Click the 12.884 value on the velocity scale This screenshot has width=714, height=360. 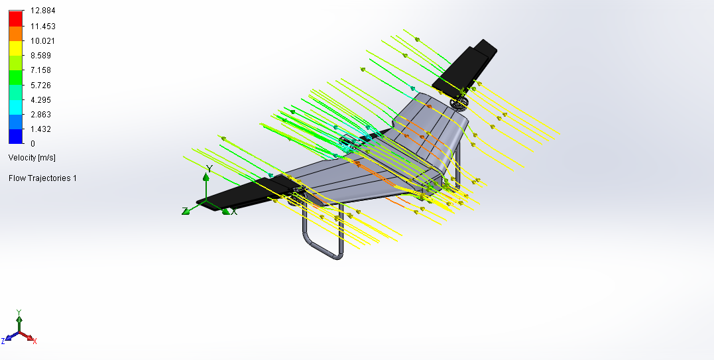coord(43,11)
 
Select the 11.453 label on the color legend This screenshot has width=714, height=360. coord(43,26)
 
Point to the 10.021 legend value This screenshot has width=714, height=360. coord(43,40)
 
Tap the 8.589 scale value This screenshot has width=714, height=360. coord(40,56)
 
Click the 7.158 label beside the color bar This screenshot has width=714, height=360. coord(40,70)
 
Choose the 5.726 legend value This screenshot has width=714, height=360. coord(40,85)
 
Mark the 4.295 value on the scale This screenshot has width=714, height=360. coord(40,99)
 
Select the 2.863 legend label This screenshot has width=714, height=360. coord(40,114)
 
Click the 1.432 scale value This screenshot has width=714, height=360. coord(40,129)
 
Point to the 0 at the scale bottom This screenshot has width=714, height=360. coord(32,143)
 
